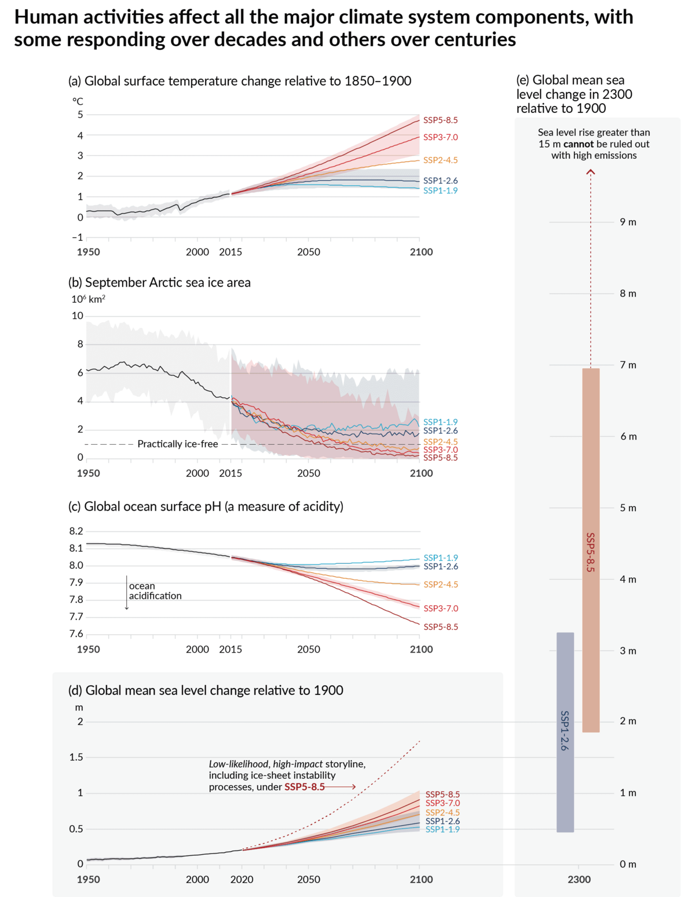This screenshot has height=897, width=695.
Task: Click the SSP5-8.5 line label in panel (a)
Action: pos(440,120)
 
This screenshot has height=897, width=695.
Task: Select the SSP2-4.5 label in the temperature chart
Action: pos(440,160)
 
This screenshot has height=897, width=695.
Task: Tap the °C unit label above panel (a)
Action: pos(78,101)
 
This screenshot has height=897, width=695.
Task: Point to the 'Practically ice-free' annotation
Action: pos(177,444)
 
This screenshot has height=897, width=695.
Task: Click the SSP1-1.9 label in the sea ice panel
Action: pos(440,422)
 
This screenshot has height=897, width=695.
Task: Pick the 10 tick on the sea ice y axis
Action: pos(78,316)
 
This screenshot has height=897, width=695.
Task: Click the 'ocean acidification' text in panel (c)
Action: pos(155,591)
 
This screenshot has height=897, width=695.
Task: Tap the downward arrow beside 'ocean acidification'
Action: pos(127,593)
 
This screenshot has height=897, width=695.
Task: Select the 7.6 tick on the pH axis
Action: pos(76,634)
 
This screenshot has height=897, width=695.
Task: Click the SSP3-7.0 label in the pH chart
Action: pos(440,608)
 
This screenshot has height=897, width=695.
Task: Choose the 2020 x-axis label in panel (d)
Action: pos(242,879)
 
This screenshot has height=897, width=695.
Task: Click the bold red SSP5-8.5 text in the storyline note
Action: pos(304,787)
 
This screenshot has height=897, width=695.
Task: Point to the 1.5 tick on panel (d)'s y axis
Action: pos(76,757)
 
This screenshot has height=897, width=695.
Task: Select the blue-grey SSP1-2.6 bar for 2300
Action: pos(565,732)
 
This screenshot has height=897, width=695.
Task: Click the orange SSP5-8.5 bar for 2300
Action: pos(591,550)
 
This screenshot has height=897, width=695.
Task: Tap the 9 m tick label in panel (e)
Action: pos(628,222)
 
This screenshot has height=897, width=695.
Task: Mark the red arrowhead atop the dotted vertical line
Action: pos(591,172)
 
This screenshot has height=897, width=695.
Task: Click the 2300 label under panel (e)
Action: pos(579,879)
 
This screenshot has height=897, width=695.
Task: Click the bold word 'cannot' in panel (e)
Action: pos(579,144)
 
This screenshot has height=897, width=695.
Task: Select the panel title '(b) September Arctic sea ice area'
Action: pos(159,283)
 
